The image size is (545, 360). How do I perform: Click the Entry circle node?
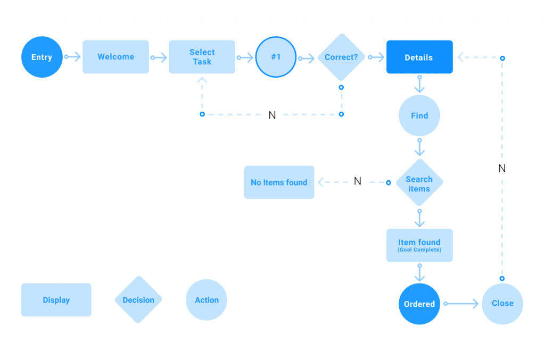tap(42, 57)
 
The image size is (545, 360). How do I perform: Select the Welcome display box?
tap(115, 57)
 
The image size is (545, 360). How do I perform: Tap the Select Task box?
tap(202, 57)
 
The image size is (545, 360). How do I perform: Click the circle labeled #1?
tap(276, 57)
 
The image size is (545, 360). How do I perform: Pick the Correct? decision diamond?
tap(341, 57)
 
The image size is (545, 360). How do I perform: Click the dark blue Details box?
tap(419, 57)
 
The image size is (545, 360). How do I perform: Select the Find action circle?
tap(419, 115)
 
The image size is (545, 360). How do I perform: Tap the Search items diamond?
tap(419, 182)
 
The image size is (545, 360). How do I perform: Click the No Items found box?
tap(279, 182)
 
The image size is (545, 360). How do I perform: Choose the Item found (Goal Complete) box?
tap(419, 245)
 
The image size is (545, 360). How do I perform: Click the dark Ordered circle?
tap(419, 304)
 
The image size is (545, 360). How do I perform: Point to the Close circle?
tap(502, 304)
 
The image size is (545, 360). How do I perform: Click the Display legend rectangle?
tap(56, 300)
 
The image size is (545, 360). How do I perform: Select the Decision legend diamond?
tap(138, 300)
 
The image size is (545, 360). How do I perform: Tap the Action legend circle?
tap(207, 300)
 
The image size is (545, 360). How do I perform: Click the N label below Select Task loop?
tap(272, 115)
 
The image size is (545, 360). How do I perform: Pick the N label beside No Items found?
tap(357, 182)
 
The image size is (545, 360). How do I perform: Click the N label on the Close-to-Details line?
tap(502, 169)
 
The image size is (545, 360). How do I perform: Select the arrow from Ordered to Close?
tap(461, 304)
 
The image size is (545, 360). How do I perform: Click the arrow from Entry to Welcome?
tap(72, 57)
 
